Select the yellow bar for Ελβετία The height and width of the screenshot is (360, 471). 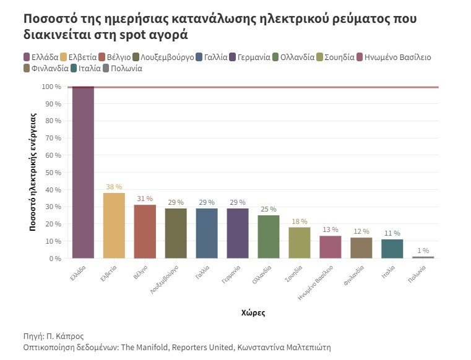pos(114,225)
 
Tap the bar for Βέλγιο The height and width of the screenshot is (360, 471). pos(145,231)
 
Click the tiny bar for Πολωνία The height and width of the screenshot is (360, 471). pos(423,257)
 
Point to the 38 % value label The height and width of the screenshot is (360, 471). pos(114,187)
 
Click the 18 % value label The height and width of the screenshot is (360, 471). pos(300,221)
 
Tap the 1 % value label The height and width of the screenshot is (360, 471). pos(423,251)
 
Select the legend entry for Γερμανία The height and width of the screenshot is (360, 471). pos(249,58)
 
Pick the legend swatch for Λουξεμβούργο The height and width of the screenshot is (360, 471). pos(136,58)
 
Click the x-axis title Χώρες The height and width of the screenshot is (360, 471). pos(253,313)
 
